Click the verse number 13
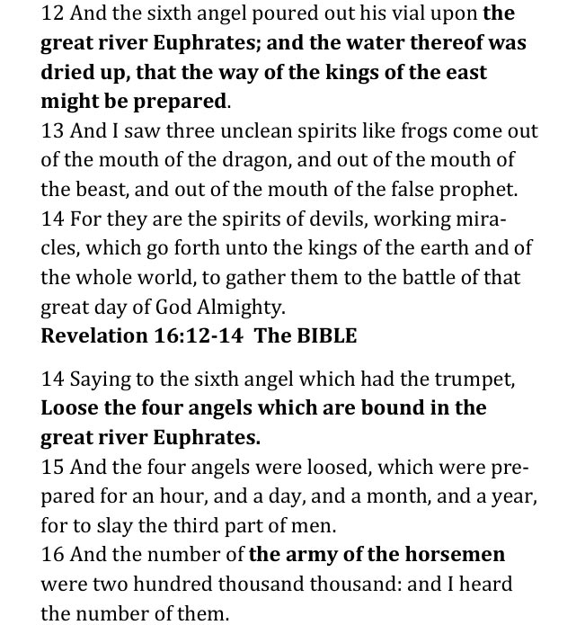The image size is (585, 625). point(52,131)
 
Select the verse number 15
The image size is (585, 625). point(52,468)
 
